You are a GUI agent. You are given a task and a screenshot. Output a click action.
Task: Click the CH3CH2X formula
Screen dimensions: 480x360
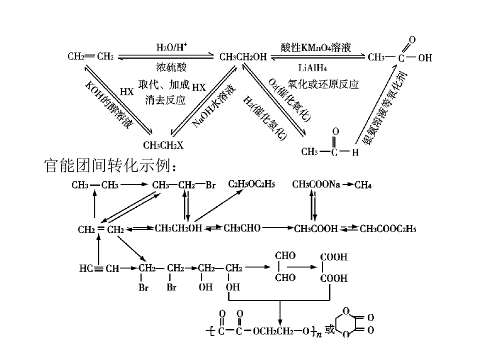coord(163,145)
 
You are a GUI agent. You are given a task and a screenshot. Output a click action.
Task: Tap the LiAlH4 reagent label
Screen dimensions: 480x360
coord(312,67)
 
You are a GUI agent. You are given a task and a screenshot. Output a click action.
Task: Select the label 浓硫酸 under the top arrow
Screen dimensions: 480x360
coord(171,67)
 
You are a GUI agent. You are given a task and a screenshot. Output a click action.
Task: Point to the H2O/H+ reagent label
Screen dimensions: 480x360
coord(171,47)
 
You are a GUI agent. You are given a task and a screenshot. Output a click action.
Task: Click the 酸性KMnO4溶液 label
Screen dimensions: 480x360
coord(316,47)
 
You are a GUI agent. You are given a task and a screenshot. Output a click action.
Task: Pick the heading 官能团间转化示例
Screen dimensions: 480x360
coord(110,165)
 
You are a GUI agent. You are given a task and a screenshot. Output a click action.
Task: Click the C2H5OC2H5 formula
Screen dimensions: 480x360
coord(251,184)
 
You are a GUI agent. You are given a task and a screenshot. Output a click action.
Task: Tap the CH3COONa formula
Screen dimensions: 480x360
coord(316,184)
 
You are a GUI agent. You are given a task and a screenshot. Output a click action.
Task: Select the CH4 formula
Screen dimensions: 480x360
coord(363,185)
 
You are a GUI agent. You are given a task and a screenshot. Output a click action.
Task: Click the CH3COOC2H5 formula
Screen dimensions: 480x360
coord(388,228)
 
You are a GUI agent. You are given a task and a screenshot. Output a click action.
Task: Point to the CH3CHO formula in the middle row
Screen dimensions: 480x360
coord(242,228)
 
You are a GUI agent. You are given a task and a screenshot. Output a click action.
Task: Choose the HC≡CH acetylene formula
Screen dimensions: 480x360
coord(99,268)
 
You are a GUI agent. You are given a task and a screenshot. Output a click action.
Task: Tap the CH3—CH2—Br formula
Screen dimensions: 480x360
coord(183,185)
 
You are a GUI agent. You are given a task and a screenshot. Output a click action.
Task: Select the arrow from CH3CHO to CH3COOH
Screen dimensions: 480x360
coord(277,228)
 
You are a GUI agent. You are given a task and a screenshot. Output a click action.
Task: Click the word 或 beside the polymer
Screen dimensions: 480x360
coord(329,329)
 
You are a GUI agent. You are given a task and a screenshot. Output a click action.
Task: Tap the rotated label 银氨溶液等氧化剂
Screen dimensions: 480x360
coord(384,107)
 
